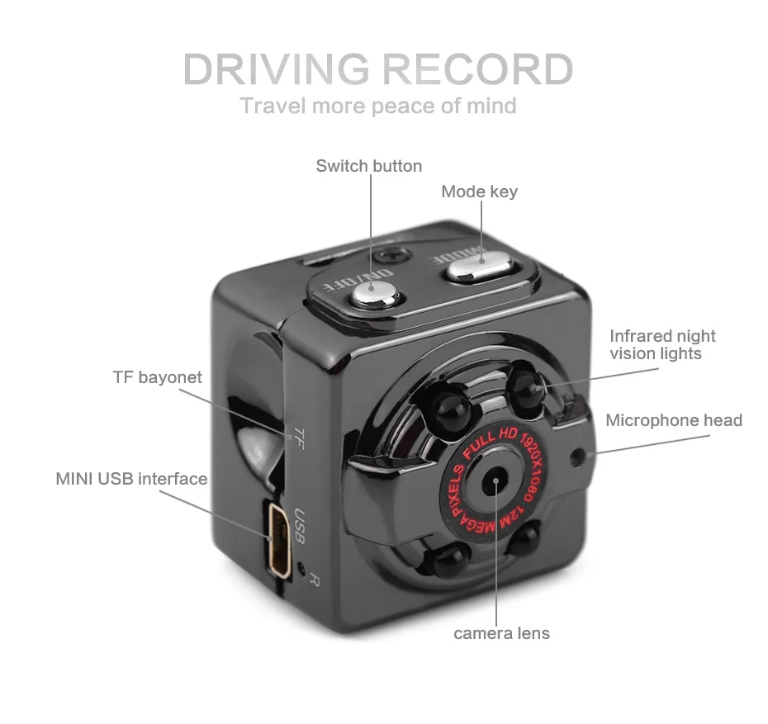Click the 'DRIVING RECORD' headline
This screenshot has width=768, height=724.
tap(378, 69)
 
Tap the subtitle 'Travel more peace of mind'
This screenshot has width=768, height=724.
tap(378, 106)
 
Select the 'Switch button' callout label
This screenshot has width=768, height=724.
tap(368, 166)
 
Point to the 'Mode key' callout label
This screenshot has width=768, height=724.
tap(479, 192)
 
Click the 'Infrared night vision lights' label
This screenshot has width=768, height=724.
tap(662, 345)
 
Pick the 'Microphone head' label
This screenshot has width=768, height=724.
tap(674, 420)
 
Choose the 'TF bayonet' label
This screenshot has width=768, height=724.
tap(157, 377)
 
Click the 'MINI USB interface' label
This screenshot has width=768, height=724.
tap(131, 479)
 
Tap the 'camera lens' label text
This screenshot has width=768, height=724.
tap(501, 634)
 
